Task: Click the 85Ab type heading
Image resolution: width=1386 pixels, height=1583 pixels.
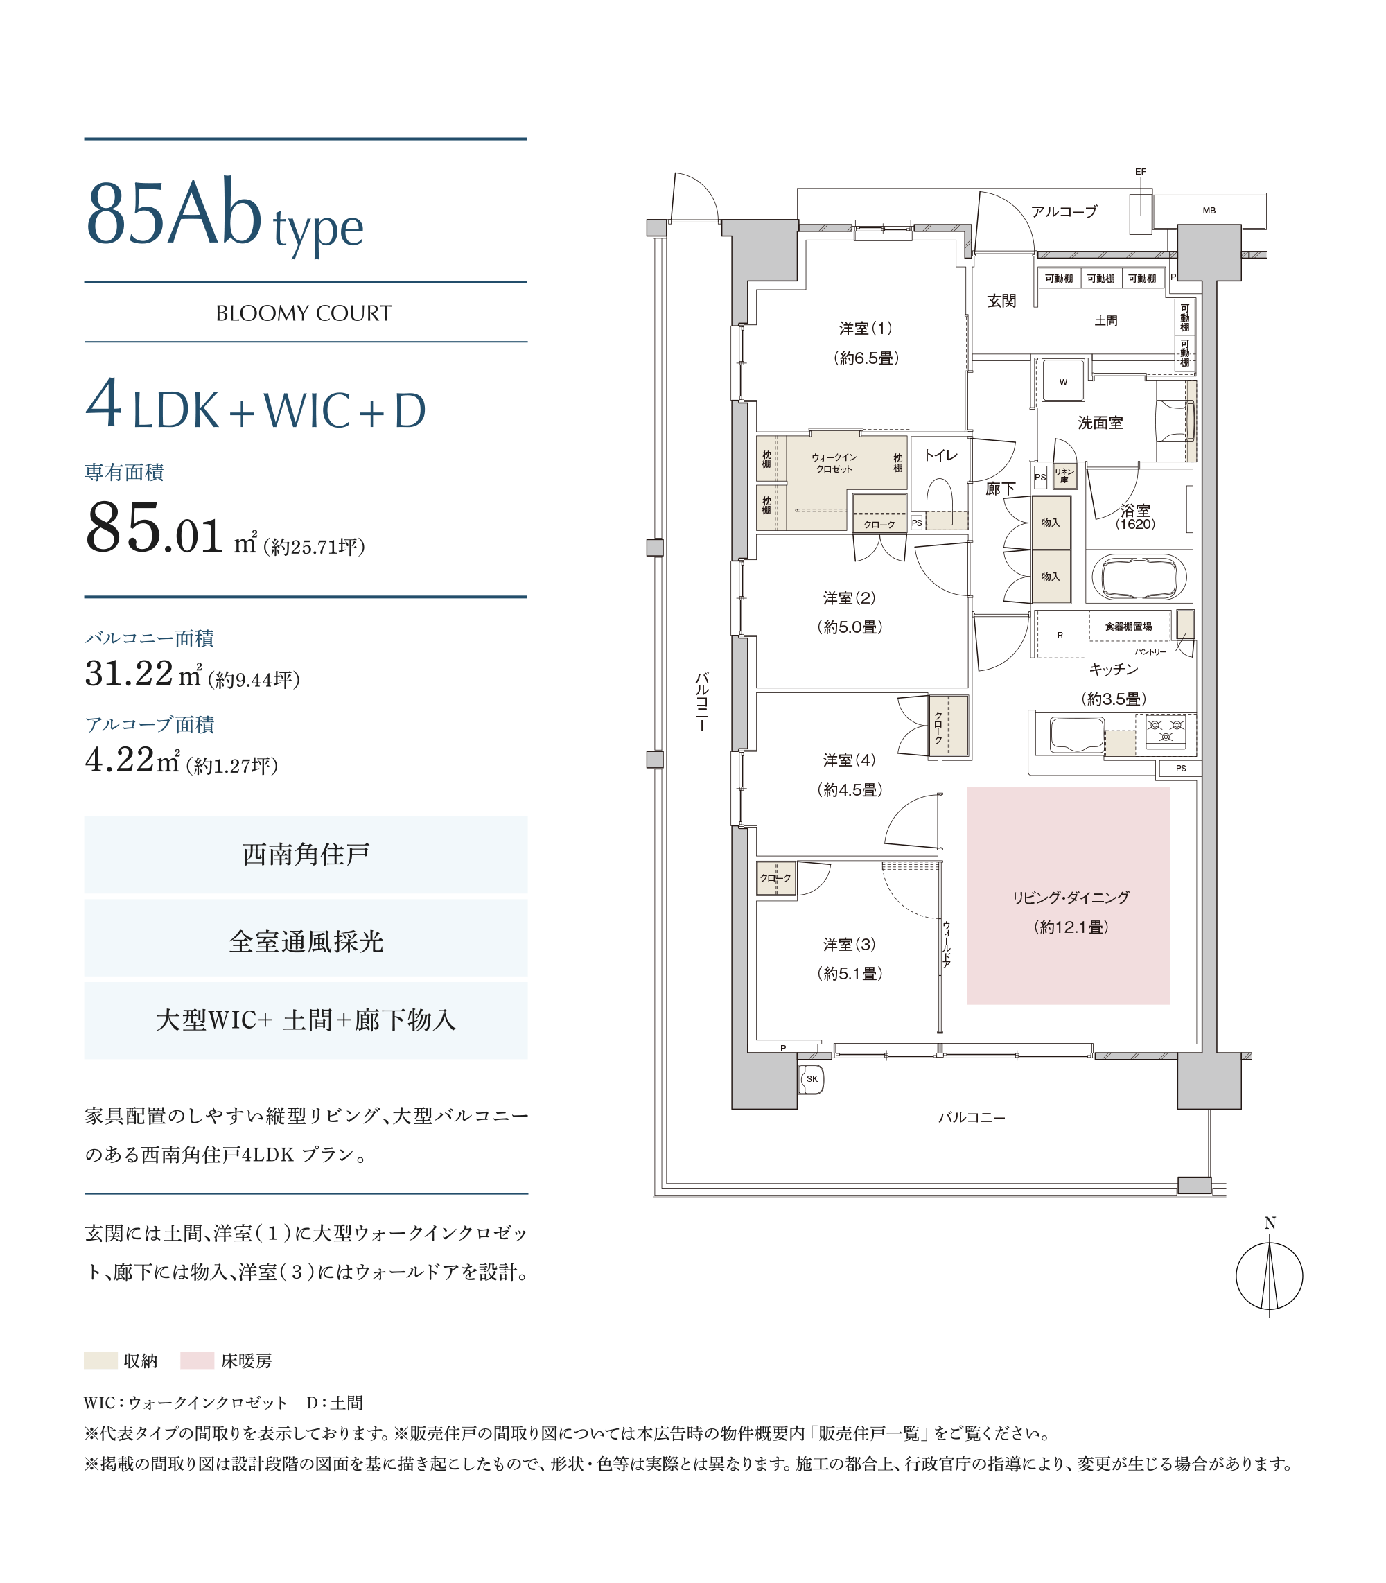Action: (x=225, y=216)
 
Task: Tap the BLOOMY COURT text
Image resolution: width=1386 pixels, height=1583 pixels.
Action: (x=304, y=313)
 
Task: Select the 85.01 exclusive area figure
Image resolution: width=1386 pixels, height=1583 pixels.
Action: (x=155, y=527)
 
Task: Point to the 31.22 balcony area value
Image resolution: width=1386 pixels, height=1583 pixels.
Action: (x=129, y=674)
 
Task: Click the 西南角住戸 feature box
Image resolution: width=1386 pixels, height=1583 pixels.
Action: (x=306, y=855)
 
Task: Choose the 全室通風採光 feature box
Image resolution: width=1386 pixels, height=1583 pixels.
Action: (x=306, y=941)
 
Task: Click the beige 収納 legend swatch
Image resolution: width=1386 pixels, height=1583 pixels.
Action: (x=100, y=1361)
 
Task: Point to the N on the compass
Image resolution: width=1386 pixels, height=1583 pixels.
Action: (x=1269, y=1223)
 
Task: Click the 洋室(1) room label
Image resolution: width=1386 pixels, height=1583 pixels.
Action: (x=866, y=329)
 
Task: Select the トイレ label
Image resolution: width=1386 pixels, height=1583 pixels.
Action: (x=940, y=455)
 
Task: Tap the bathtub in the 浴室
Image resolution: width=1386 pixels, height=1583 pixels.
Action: (x=1139, y=577)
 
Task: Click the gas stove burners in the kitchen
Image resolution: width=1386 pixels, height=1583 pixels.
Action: (x=1166, y=730)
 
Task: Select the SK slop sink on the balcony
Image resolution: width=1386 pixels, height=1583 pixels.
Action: (x=812, y=1079)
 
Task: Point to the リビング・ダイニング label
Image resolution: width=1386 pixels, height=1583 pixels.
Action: (x=1071, y=898)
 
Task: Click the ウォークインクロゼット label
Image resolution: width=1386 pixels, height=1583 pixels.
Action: (x=834, y=463)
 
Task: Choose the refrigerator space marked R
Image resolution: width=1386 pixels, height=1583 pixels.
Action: (x=1060, y=635)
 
